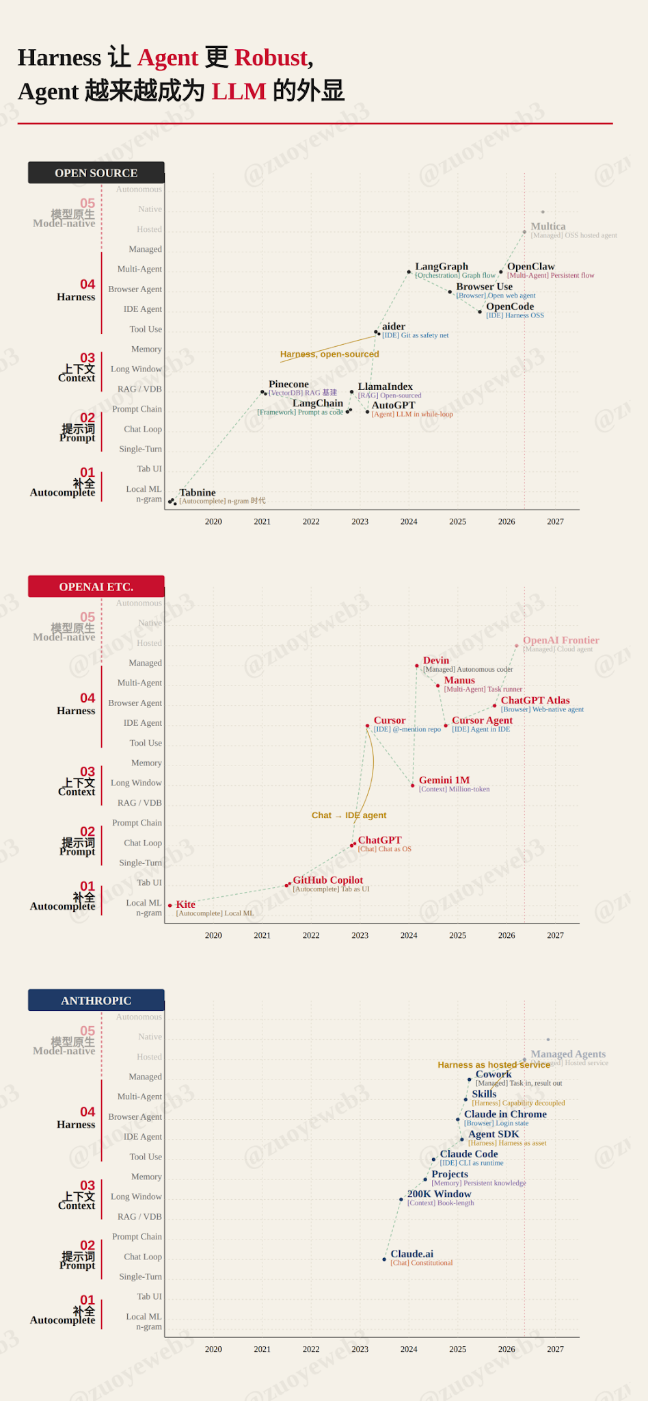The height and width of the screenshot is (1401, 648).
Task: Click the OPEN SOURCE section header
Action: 96,173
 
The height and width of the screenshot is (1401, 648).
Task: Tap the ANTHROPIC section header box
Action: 96,1000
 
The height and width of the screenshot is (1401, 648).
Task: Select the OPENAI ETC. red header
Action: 96,587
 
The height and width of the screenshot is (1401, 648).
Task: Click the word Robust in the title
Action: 271,57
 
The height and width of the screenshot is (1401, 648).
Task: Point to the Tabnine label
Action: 198,493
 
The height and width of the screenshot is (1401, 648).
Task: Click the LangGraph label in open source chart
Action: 442,266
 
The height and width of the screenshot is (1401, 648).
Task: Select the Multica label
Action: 548,226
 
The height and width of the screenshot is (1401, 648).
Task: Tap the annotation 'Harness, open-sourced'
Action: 329,354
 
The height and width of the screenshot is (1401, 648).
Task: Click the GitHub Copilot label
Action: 328,880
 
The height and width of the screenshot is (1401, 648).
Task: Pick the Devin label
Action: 436,660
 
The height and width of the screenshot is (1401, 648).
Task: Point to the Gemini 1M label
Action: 444,780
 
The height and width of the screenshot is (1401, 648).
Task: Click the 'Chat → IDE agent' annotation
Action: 349,815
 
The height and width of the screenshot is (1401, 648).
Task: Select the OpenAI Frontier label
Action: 561,640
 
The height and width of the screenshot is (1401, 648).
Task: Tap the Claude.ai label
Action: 412,1254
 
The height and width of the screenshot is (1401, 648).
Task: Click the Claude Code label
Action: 469,1154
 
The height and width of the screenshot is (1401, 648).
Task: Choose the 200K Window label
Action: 440,1194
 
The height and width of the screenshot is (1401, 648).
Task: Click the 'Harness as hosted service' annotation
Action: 494,1064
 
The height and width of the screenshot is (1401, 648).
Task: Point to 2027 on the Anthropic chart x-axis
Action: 555,1349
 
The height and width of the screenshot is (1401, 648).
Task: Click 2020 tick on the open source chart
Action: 213,521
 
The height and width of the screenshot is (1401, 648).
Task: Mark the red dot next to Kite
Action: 170,905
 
